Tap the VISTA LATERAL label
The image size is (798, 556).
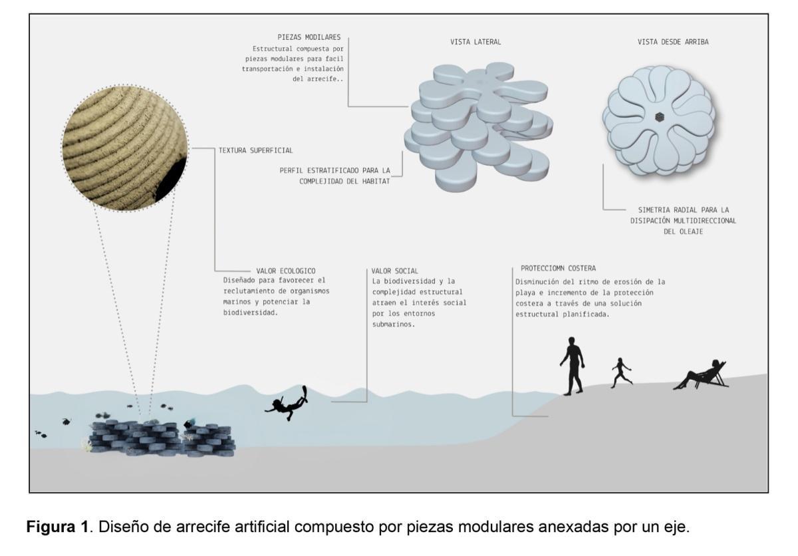[475, 42]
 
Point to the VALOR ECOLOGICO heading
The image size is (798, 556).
[281, 271]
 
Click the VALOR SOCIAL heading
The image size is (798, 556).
[395, 271]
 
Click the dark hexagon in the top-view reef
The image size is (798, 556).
[658, 118]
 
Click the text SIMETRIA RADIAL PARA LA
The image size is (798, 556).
[674, 209]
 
